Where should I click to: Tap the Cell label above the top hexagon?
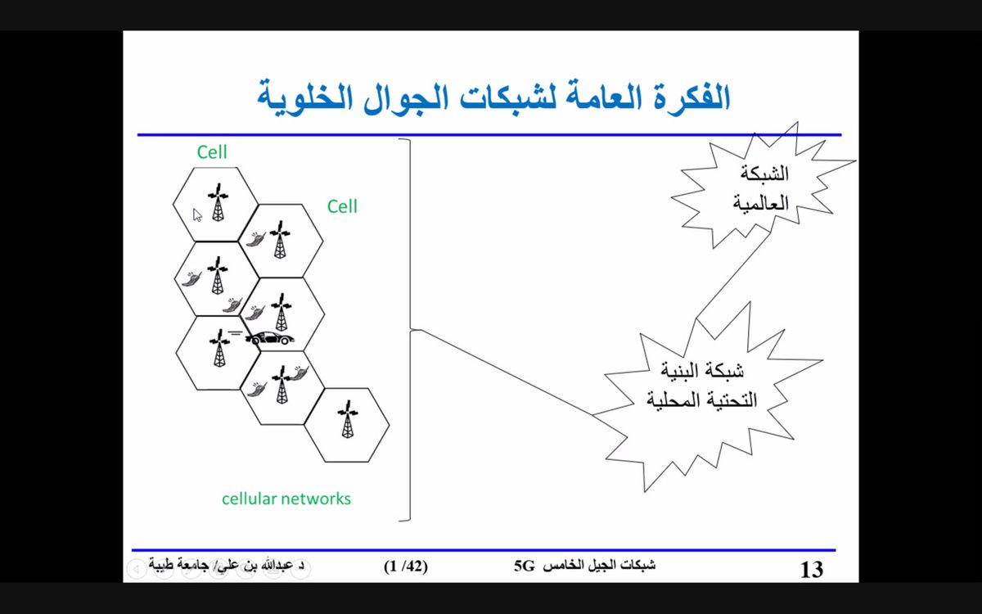[212, 151]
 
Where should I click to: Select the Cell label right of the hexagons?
[342, 206]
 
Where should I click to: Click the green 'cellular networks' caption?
[286, 498]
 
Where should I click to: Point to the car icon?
[269, 337]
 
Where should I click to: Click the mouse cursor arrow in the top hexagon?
[197, 214]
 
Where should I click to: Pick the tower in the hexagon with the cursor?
[217, 203]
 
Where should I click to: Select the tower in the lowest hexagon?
[348, 420]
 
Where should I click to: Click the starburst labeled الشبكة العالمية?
[761, 188]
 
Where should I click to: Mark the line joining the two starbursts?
[732, 274]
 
